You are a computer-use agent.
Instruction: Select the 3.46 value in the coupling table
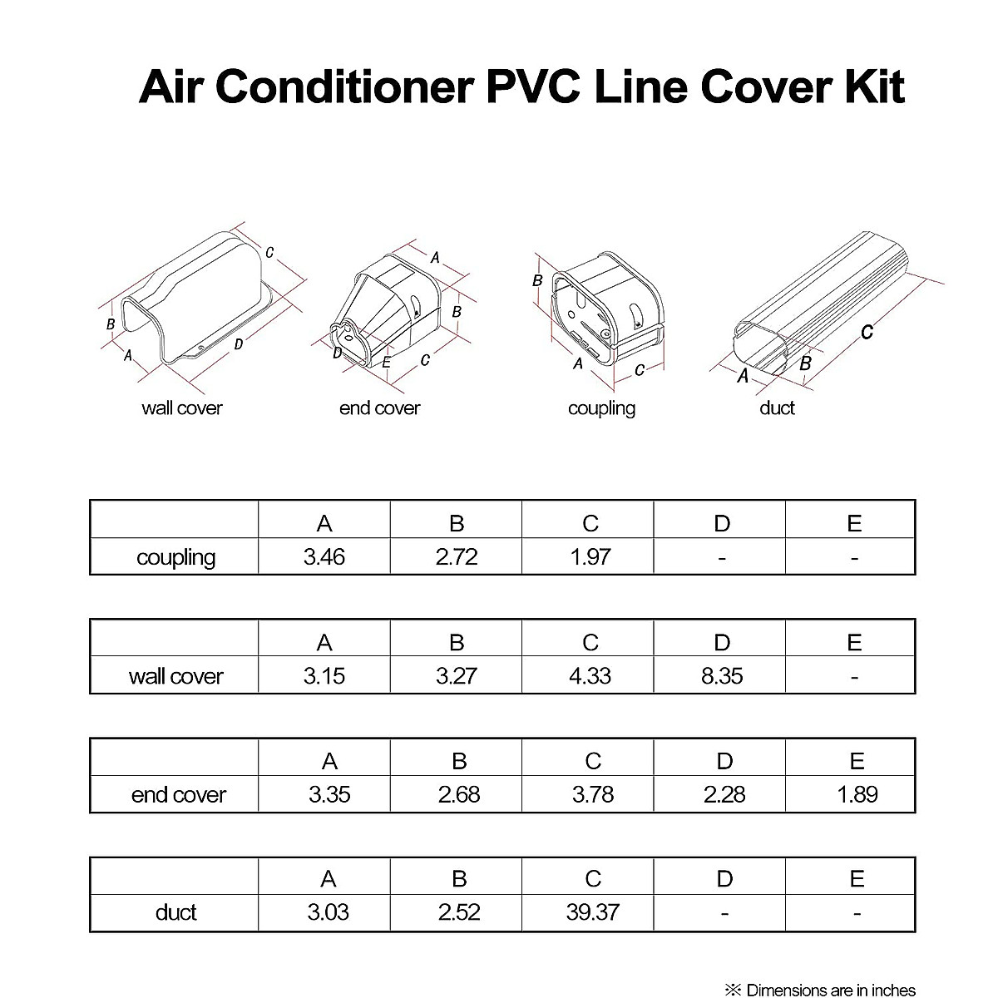(324, 556)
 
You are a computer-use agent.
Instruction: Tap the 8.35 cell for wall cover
(721, 675)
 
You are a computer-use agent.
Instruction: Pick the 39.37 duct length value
(592, 912)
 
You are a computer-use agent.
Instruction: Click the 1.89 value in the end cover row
(857, 794)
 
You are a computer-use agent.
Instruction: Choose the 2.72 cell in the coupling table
(457, 556)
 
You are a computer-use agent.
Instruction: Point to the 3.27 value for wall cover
(457, 675)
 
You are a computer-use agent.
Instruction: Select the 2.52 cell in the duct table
(459, 912)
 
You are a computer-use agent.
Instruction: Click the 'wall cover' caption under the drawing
(182, 408)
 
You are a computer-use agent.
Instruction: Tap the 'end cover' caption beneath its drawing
(379, 408)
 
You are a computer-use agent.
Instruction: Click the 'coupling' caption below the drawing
(601, 408)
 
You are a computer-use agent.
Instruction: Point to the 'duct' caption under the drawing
(777, 408)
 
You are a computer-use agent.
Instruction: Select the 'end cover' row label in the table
(178, 795)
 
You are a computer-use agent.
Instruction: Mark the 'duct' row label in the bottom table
(175, 912)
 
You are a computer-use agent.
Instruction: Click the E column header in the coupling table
(854, 523)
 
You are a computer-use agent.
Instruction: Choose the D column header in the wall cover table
(722, 642)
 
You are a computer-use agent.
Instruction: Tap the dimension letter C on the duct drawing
(867, 332)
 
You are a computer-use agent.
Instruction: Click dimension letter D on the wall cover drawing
(239, 343)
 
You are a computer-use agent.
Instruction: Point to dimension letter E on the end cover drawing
(387, 363)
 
